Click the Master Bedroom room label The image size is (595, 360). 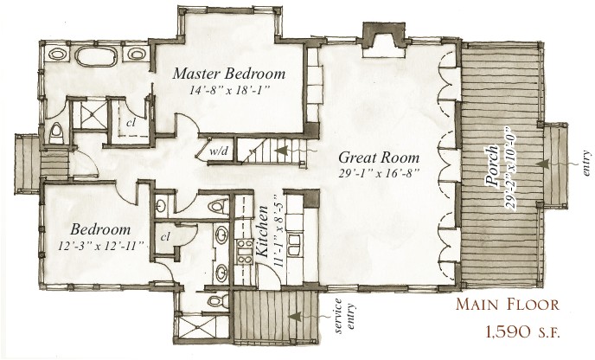[229, 74]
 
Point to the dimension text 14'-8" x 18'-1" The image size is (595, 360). [229, 90]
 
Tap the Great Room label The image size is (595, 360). [379, 157]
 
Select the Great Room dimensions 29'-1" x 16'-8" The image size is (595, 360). [379, 173]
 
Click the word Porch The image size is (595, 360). [493, 166]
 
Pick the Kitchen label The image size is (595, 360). [262, 231]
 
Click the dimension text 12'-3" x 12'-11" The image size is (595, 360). [103, 246]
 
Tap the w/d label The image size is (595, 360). [219, 151]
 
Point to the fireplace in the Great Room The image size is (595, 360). [384, 41]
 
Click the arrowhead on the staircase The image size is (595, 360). [280, 151]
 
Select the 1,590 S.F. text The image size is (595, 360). [522, 332]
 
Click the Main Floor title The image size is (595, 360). [508, 304]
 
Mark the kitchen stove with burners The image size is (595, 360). [245, 251]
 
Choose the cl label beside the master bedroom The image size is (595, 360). [131, 123]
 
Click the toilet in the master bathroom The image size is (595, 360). [56, 133]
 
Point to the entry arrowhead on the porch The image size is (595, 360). [542, 164]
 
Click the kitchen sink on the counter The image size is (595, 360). [295, 244]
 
